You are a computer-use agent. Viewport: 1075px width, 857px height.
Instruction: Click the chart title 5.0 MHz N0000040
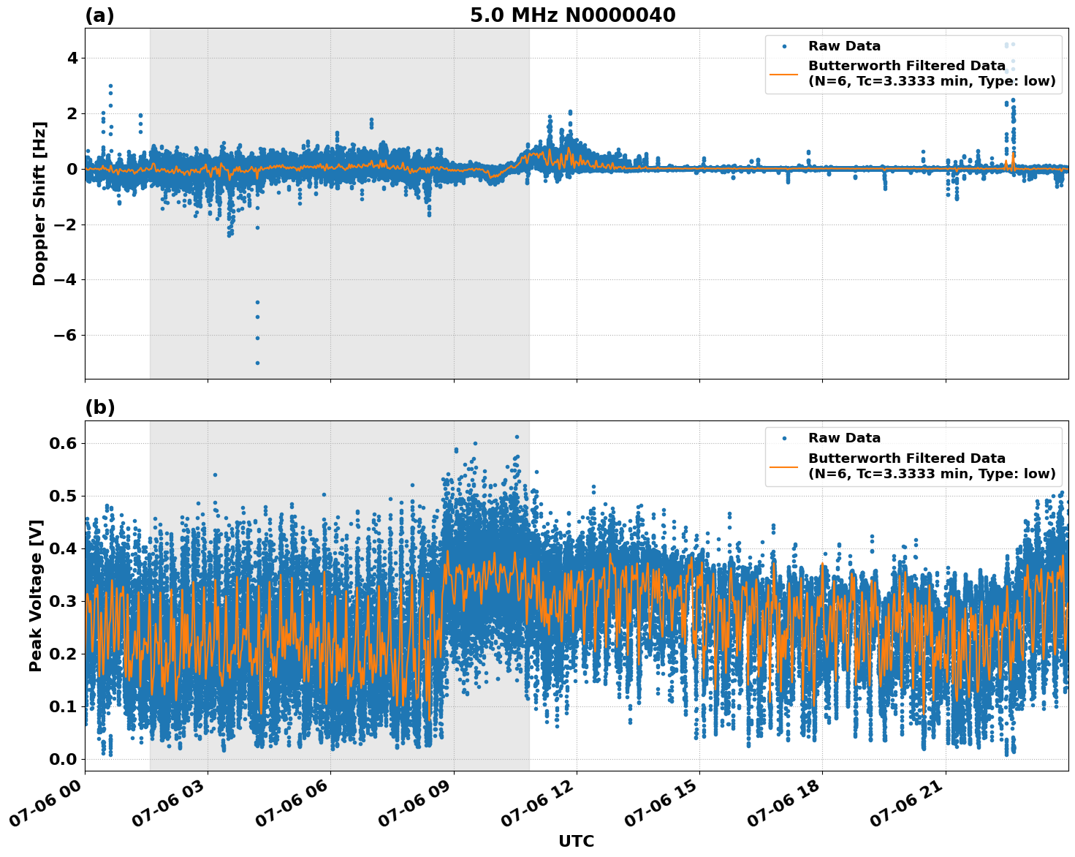pyautogui.click(x=572, y=15)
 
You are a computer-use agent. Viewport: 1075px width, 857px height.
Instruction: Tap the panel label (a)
pyautogui.click(x=100, y=15)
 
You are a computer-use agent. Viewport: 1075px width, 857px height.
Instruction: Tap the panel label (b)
pyautogui.click(x=100, y=407)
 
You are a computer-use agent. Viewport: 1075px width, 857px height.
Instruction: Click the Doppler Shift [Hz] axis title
pyautogui.click(x=39, y=203)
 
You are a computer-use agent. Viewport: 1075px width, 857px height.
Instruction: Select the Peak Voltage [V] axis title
pyautogui.click(x=36, y=595)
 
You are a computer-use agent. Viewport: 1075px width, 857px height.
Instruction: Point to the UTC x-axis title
pyautogui.click(x=576, y=841)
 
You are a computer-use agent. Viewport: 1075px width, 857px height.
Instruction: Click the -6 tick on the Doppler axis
pyautogui.click(x=65, y=336)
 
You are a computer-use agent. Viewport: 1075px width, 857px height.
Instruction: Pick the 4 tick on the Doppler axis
pyautogui.click(x=72, y=58)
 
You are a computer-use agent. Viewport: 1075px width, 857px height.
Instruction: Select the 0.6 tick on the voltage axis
pyautogui.click(x=64, y=444)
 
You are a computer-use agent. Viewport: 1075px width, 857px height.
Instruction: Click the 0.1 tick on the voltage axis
pyautogui.click(x=64, y=706)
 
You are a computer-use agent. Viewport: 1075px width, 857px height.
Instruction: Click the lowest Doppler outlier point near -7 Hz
pyautogui.click(x=257, y=363)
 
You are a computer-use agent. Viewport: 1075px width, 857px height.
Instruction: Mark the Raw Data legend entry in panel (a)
pyautogui.click(x=844, y=46)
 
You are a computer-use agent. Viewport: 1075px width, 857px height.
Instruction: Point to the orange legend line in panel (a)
pyautogui.click(x=784, y=74)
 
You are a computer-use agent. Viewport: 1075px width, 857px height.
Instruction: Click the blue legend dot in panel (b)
pyautogui.click(x=784, y=438)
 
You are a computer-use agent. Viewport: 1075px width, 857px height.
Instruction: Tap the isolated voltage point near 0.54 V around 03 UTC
pyautogui.click(x=215, y=475)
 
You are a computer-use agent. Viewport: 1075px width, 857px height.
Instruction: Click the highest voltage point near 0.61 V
pyautogui.click(x=517, y=437)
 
